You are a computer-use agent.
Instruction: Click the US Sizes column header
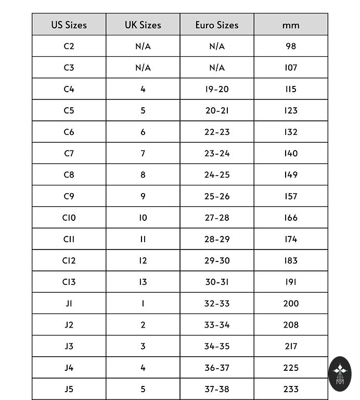click(x=69, y=25)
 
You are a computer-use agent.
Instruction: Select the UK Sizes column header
click(x=143, y=25)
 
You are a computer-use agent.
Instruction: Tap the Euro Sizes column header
click(x=217, y=25)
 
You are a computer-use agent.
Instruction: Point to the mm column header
click(x=291, y=25)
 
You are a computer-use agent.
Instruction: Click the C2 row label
click(x=69, y=46)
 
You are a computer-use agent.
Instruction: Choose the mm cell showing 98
click(x=291, y=46)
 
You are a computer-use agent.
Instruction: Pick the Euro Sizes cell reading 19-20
click(x=217, y=89)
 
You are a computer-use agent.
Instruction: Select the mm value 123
click(x=291, y=110)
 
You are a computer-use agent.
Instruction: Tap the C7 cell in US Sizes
click(x=69, y=153)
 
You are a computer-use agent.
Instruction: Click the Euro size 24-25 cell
click(x=217, y=174)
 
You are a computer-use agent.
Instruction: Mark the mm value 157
click(x=291, y=196)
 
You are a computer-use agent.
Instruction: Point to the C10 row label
click(x=69, y=218)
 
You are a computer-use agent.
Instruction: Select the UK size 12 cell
click(x=143, y=260)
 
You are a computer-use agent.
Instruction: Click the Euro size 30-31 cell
click(x=217, y=282)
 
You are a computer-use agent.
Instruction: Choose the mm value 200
click(x=291, y=303)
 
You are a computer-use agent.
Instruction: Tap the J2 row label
click(x=69, y=324)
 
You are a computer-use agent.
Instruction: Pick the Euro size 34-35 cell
click(x=217, y=346)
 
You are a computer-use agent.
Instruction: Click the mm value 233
click(x=291, y=389)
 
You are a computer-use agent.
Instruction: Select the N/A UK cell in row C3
click(x=143, y=68)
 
